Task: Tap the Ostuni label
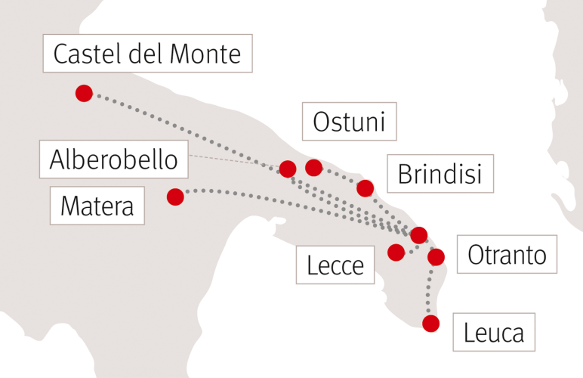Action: click(x=349, y=121)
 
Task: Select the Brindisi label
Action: click(x=440, y=175)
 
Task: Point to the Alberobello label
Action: click(x=114, y=160)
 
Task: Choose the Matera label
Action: click(x=97, y=205)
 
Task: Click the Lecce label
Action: click(x=335, y=265)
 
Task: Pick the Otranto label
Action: click(x=507, y=255)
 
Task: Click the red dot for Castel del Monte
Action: click(x=84, y=93)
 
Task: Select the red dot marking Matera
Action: click(x=175, y=197)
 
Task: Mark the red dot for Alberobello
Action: click(x=287, y=168)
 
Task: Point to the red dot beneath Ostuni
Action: click(x=313, y=166)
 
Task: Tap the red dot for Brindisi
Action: click(x=366, y=187)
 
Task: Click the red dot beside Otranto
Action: click(x=436, y=257)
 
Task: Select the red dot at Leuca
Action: click(x=430, y=324)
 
